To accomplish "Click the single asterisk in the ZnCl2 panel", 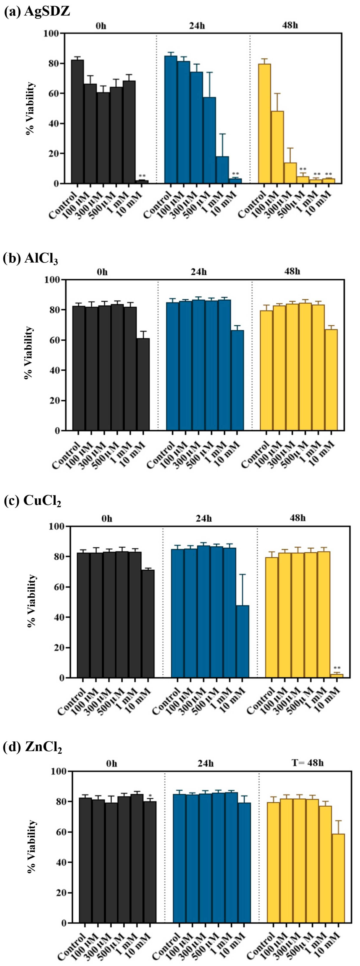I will click(150, 796).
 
